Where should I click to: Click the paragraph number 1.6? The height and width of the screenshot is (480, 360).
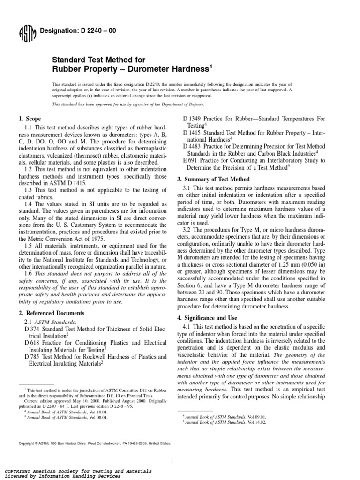click(x=28, y=273)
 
